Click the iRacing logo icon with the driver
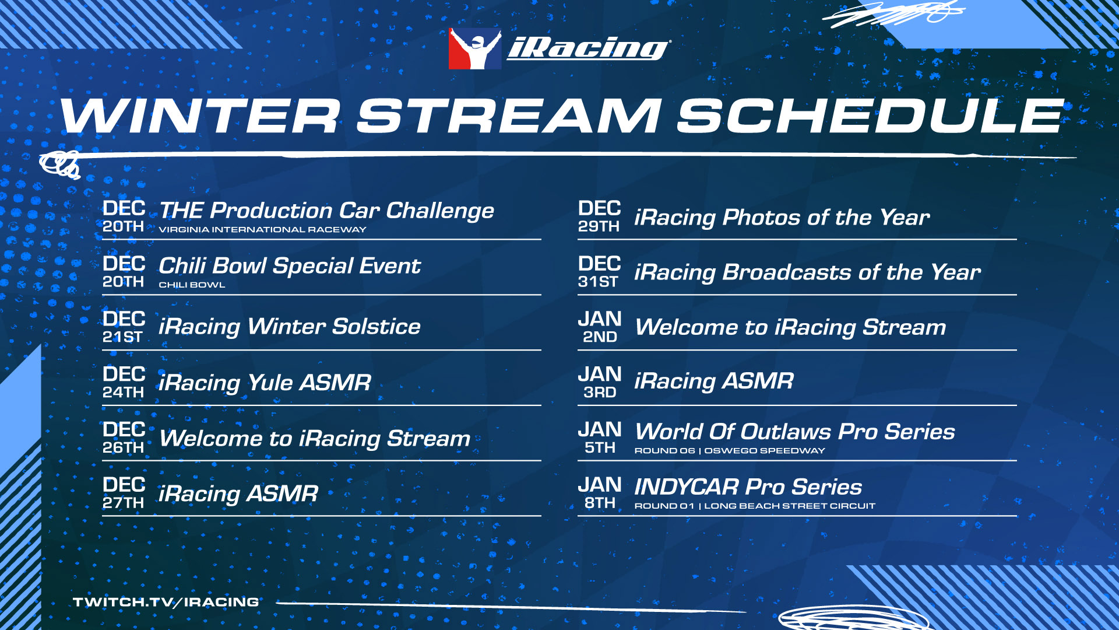pos(474,49)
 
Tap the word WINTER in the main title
pos(200,116)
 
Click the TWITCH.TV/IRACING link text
pos(166,602)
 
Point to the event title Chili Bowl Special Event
pos(290,266)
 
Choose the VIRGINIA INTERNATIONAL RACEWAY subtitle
pos(262,230)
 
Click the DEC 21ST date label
pos(124,327)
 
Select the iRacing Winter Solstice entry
pos(290,327)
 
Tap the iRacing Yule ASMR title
pos(265,383)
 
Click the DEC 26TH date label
pos(124,438)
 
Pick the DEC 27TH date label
pos(124,494)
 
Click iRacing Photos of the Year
pos(782,218)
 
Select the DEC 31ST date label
pos(599,272)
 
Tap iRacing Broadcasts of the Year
pos(808,272)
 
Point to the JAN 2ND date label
pos(599,327)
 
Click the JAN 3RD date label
pos(599,383)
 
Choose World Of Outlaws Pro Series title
pos(795,432)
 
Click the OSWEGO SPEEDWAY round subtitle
pos(765,451)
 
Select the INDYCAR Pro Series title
pos(748,487)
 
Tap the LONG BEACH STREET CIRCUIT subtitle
pos(790,506)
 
